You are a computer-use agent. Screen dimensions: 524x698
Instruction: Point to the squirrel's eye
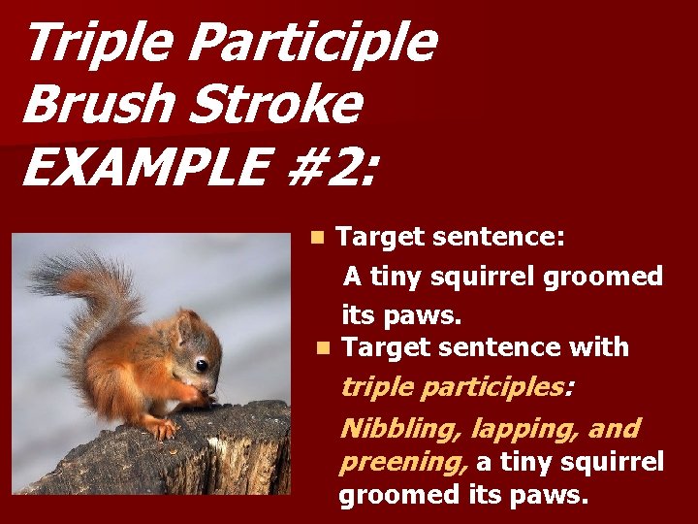coord(202,365)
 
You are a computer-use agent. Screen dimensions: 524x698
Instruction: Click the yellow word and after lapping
coord(617,429)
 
